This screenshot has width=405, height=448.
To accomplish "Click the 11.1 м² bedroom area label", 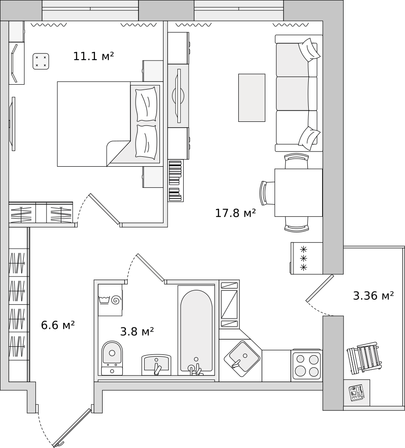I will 93,56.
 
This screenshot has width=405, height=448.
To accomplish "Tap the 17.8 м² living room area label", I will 235,213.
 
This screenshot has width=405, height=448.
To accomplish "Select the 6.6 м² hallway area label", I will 57,325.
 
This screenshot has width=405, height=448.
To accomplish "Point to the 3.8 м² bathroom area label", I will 137,332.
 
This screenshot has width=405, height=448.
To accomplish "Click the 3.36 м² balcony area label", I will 373,296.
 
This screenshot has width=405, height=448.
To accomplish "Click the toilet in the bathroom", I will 112,358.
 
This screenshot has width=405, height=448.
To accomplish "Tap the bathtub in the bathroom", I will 196,329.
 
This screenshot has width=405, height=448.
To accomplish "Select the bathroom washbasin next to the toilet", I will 156,364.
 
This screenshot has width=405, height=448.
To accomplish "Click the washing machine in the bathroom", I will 110,300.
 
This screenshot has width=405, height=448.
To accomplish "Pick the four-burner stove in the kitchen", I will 307,365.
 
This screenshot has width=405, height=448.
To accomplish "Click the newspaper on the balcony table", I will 357,393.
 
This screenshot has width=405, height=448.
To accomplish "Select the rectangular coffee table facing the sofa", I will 251,98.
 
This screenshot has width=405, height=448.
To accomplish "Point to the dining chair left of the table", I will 267,193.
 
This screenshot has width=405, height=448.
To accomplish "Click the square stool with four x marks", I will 41,61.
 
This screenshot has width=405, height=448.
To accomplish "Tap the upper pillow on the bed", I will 146,104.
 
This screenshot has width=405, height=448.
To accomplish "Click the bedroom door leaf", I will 104,209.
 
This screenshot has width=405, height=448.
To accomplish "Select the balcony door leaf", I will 320,288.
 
